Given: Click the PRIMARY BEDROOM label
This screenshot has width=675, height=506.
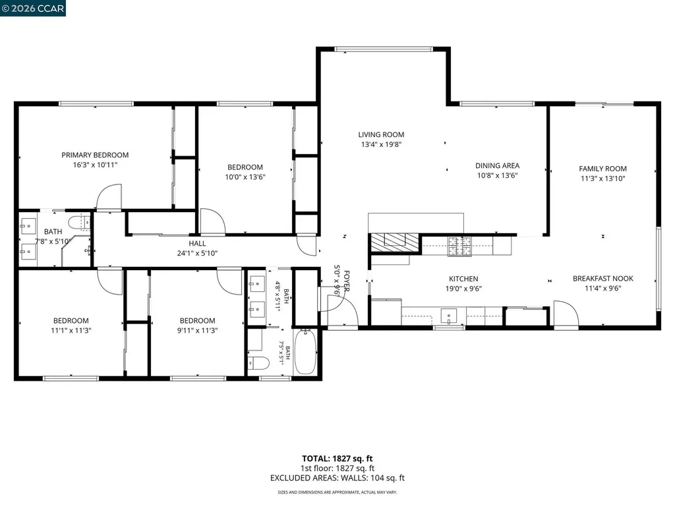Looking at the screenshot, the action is pyautogui.click(x=95, y=155).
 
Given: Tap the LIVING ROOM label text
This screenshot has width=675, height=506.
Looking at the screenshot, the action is pyautogui.click(x=381, y=134).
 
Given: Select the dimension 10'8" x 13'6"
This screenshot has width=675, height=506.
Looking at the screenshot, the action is pyautogui.click(x=497, y=175).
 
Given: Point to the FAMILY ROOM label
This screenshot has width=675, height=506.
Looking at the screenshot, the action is pyautogui.click(x=602, y=169).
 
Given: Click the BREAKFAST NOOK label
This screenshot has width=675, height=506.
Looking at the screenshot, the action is pyautogui.click(x=602, y=279).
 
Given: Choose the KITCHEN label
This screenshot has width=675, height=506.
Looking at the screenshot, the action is pyautogui.click(x=463, y=279).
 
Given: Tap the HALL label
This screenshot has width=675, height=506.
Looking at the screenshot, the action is pyautogui.click(x=197, y=244).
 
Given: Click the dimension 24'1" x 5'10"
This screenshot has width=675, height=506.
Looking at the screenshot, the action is pyautogui.click(x=197, y=254).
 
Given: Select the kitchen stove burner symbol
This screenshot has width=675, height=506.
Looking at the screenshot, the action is pyautogui.click(x=459, y=246).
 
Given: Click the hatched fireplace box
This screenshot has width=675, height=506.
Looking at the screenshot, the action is pyautogui.click(x=394, y=242).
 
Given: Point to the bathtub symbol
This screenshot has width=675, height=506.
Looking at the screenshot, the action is pyautogui.click(x=305, y=352).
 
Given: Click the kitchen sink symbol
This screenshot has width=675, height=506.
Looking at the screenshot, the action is pyautogui.click(x=448, y=316).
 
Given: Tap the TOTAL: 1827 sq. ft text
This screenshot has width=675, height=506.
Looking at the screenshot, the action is pyautogui.click(x=337, y=459).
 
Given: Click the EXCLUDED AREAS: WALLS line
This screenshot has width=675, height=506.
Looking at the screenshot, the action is pyautogui.click(x=337, y=478).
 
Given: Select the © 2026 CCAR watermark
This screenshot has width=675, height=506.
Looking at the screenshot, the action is pyautogui.click(x=33, y=8).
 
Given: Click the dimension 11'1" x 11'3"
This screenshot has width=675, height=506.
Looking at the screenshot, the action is pyautogui.click(x=71, y=331).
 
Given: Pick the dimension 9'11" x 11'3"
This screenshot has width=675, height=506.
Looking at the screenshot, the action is pyautogui.click(x=197, y=331).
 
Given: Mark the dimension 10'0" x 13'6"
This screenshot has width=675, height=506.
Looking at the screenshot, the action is pyautogui.click(x=245, y=177).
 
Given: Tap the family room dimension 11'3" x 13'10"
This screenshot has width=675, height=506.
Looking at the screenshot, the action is pyautogui.click(x=602, y=179).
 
